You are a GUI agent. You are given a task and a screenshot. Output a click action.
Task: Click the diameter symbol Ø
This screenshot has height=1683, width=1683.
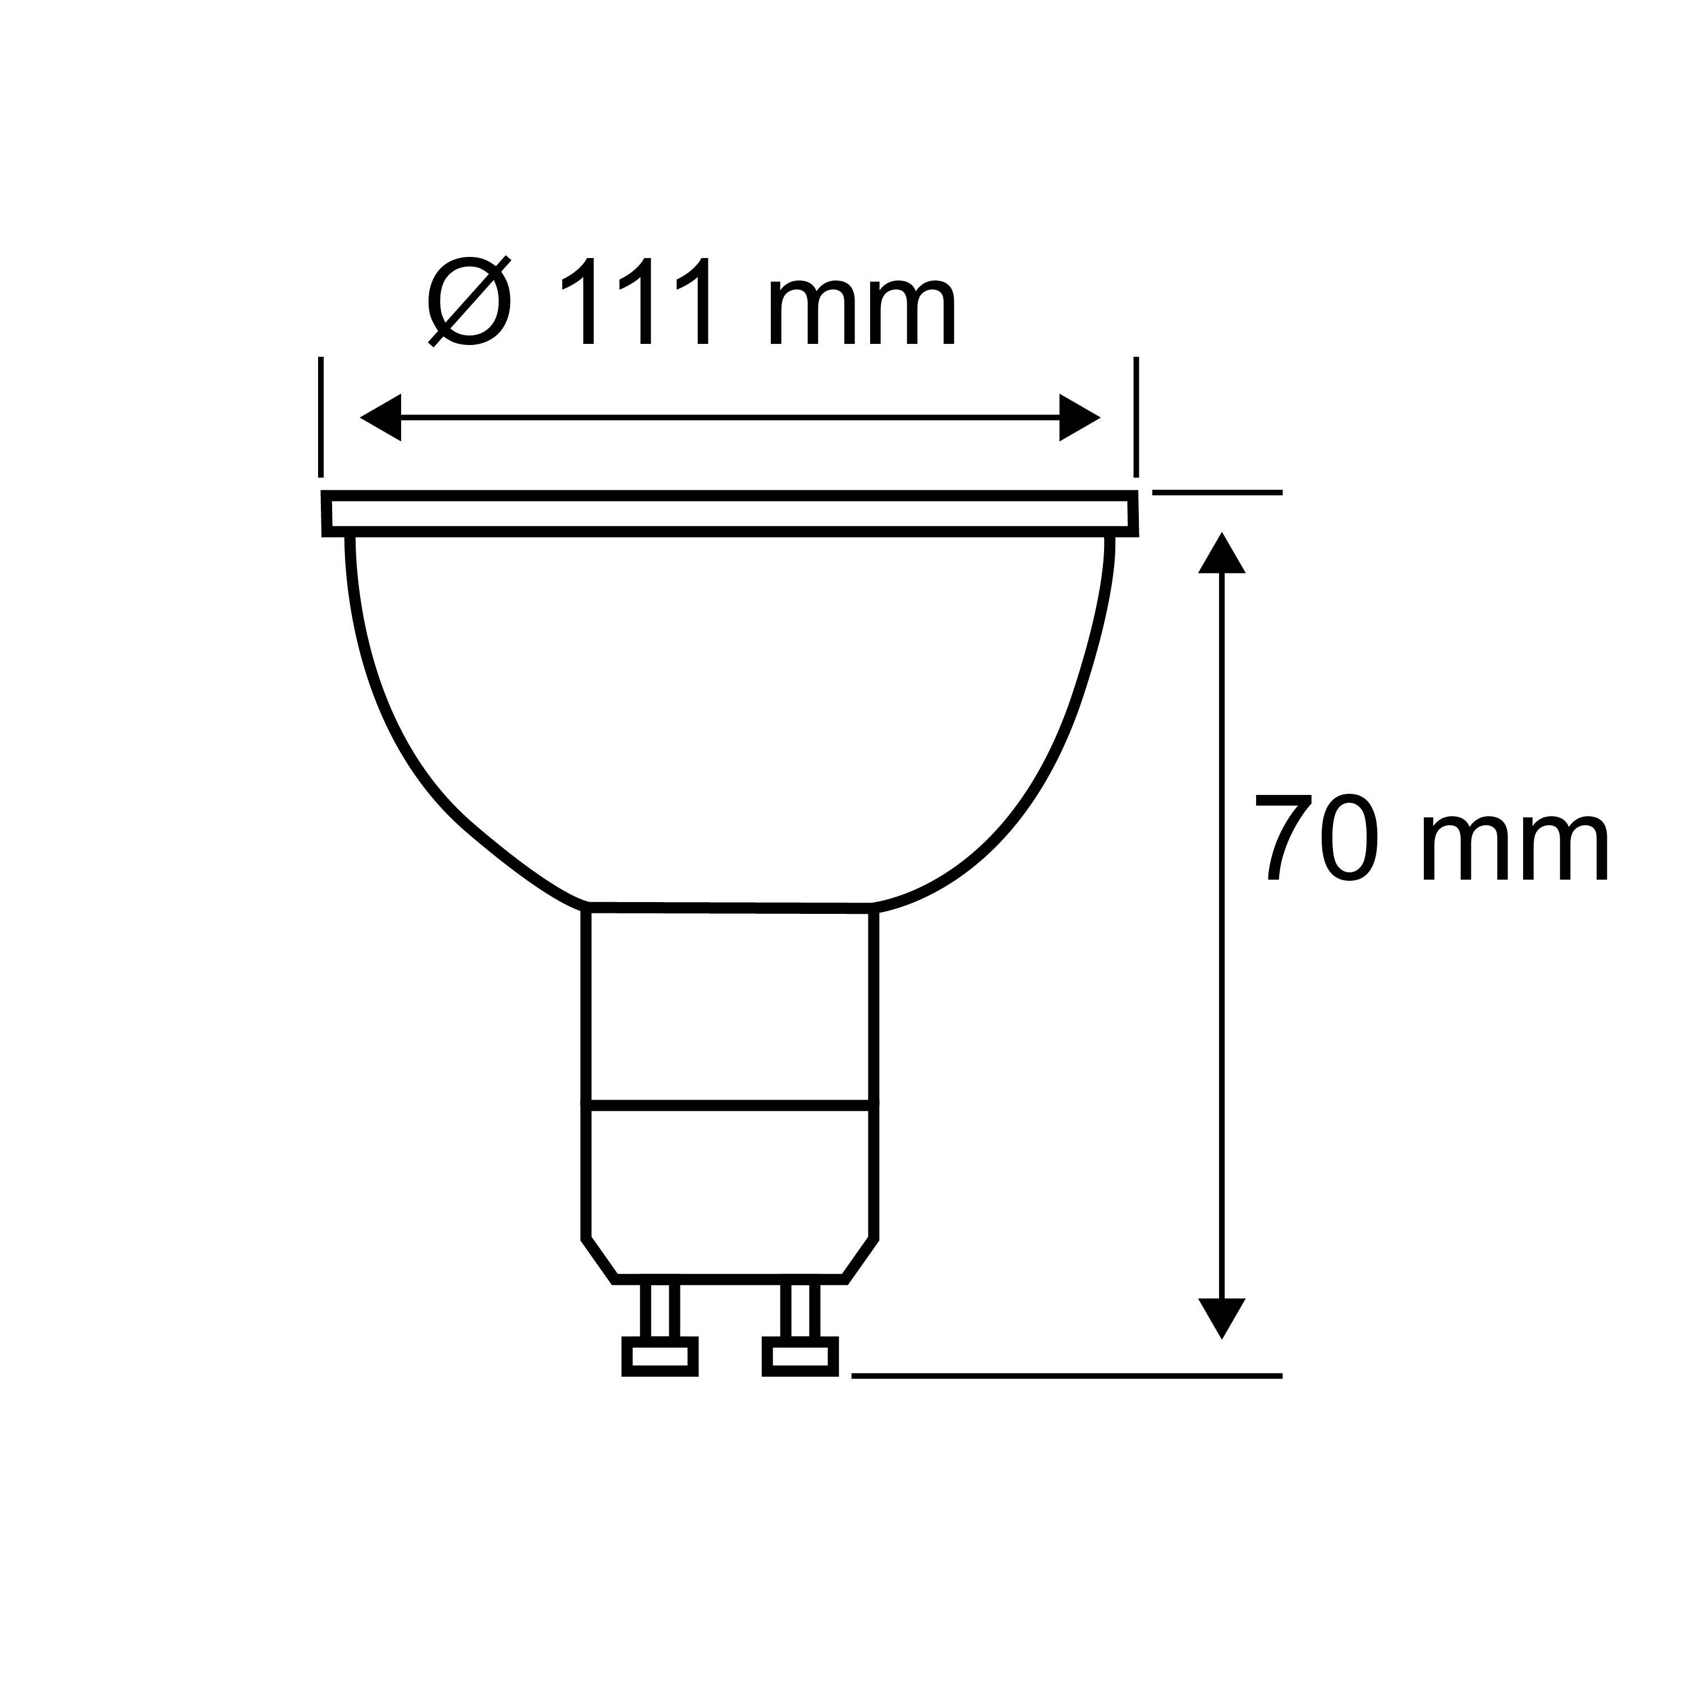click(x=468, y=301)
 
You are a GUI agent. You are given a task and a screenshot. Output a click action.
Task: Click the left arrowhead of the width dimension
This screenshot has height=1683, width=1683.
click(x=381, y=417)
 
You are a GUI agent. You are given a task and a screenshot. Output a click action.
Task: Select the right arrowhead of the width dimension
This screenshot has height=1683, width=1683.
click(x=1079, y=417)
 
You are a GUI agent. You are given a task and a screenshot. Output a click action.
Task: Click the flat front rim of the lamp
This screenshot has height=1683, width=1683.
click(x=730, y=514)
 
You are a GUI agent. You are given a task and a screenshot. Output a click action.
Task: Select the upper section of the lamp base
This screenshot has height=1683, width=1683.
click(x=730, y=1006)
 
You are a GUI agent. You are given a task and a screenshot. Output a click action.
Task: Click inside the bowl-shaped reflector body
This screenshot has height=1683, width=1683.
click(x=730, y=714)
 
